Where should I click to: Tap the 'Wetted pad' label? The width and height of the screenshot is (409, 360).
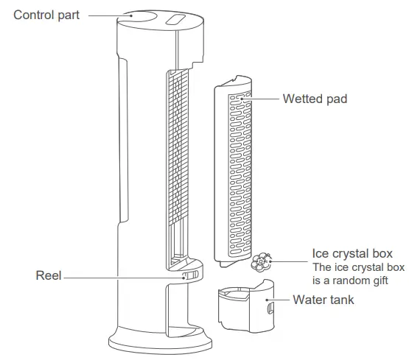point(315,98)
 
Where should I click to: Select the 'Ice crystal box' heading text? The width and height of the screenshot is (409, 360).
point(348,254)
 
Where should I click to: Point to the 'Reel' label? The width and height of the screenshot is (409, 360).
point(48,276)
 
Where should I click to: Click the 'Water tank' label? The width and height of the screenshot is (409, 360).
point(324,300)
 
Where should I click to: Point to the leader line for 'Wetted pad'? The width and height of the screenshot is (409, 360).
point(267,98)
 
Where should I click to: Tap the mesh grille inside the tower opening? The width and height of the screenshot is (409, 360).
point(174,162)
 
